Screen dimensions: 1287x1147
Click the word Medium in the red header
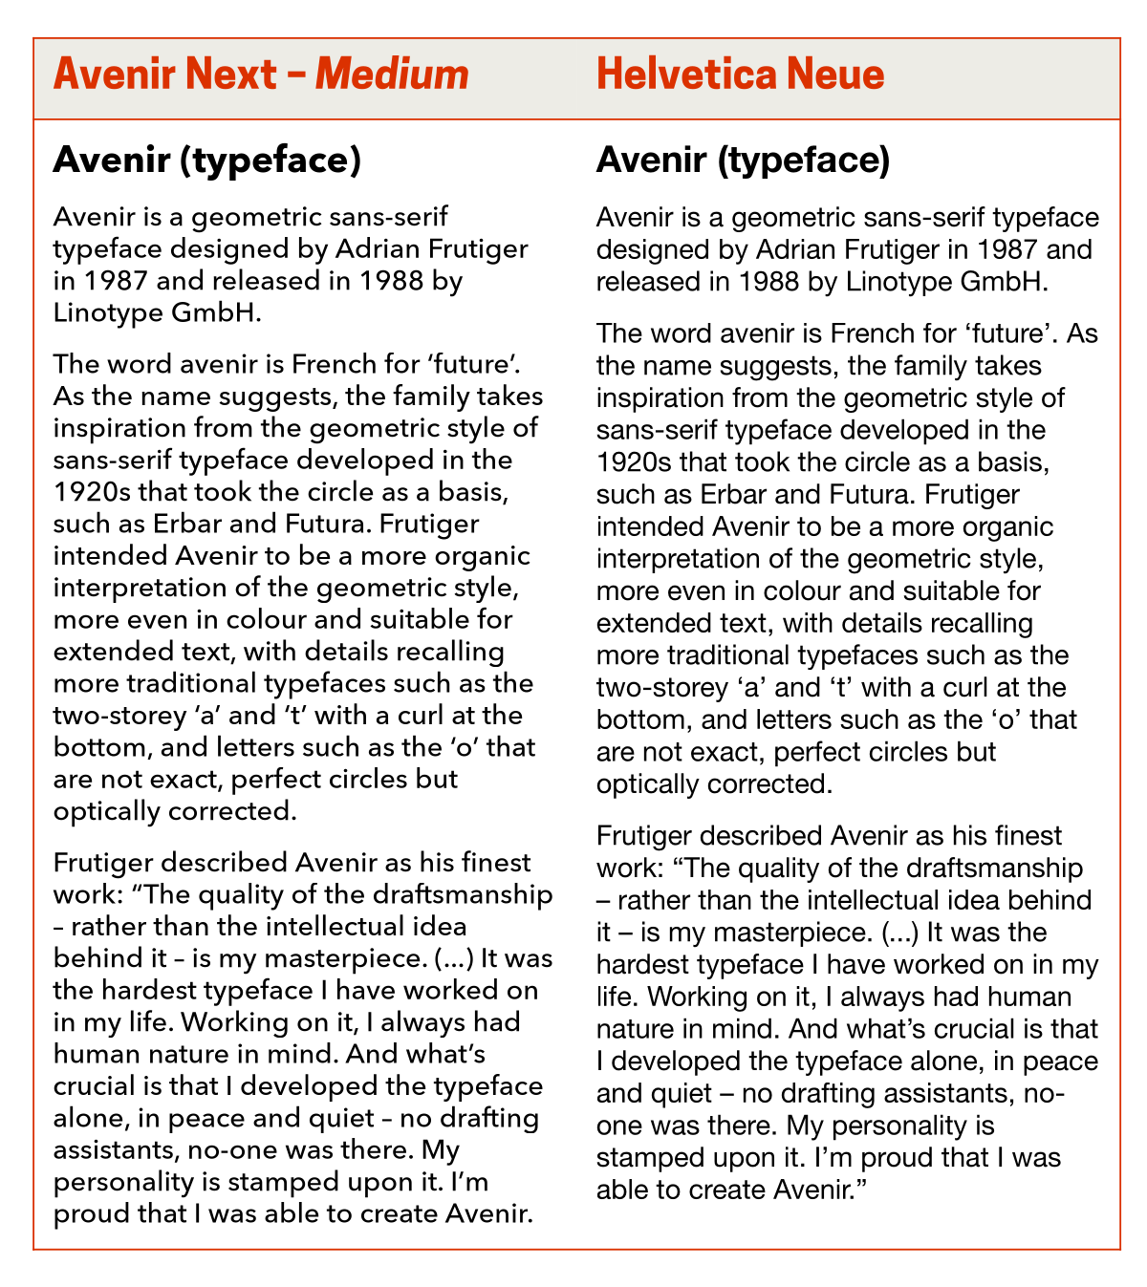(x=392, y=75)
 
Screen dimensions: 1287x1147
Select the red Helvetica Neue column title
(x=740, y=75)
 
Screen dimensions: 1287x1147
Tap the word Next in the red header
(x=232, y=75)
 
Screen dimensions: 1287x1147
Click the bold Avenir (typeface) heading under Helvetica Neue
(x=743, y=161)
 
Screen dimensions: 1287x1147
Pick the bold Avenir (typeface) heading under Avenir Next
(x=206, y=161)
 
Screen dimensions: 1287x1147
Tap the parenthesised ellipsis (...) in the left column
(x=454, y=958)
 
